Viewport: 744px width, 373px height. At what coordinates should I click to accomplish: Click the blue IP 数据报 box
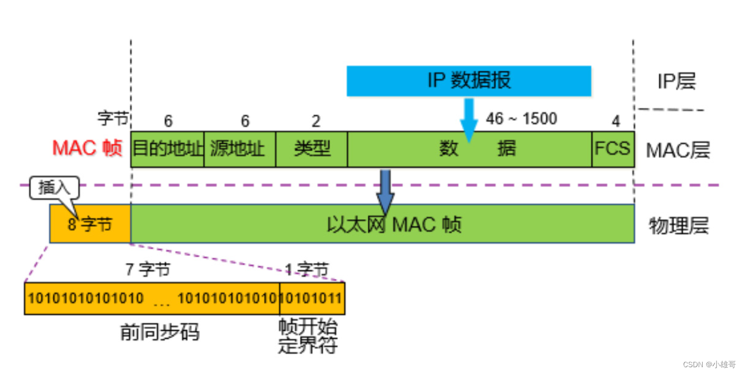coord(468,81)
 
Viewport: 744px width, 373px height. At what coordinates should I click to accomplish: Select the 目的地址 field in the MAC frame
coord(167,149)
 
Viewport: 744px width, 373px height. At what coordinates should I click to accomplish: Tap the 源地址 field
coord(240,149)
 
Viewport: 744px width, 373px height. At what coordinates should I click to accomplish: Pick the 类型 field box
coord(312,149)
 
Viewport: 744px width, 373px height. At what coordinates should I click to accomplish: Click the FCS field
coord(612,149)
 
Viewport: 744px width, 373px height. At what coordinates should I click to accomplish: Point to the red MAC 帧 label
coord(87,148)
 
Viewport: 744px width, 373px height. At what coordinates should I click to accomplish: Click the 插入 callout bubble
coord(54,188)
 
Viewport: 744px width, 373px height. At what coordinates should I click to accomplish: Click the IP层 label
coord(676,81)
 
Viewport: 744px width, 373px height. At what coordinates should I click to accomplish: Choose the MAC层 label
coord(677,151)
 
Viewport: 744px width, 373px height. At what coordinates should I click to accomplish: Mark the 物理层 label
coord(678,226)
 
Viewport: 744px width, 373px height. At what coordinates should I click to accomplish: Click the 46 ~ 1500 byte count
coord(521,119)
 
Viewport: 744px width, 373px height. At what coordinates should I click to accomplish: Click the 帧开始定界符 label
coord(307,336)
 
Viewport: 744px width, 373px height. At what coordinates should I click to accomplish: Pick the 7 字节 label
coord(148,269)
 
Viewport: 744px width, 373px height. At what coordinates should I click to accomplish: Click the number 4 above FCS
coord(615,122)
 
